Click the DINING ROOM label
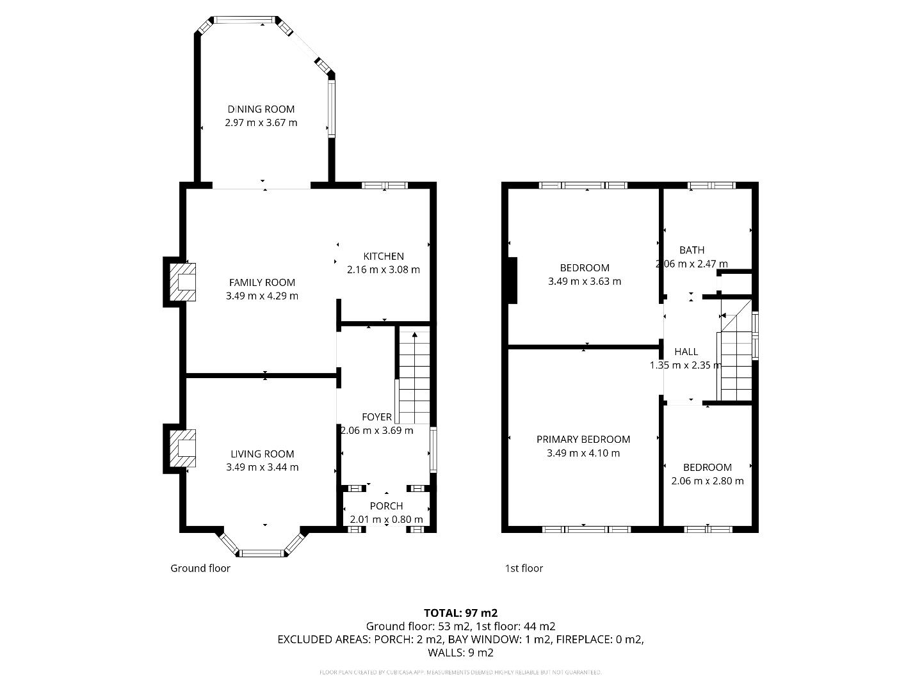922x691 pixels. [261, 109]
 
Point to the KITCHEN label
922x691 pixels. [384, 256]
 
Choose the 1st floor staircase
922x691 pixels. [736, 358]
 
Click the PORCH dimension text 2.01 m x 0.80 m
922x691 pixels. [386, 520]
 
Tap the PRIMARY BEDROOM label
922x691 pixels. [583, 440]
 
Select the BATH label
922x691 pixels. [691, 250]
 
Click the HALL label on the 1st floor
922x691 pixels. [686, 352]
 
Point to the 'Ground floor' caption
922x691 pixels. [200, 568]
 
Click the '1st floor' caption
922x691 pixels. [524, 568]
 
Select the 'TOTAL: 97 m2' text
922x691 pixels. [460, 613]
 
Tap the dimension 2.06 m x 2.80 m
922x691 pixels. [707, 481]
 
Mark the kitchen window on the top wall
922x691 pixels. [384, 186]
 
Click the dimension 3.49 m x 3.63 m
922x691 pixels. [584, 282]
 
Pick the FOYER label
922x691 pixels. [376, 417]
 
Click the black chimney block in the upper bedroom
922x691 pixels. [512, 280]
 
